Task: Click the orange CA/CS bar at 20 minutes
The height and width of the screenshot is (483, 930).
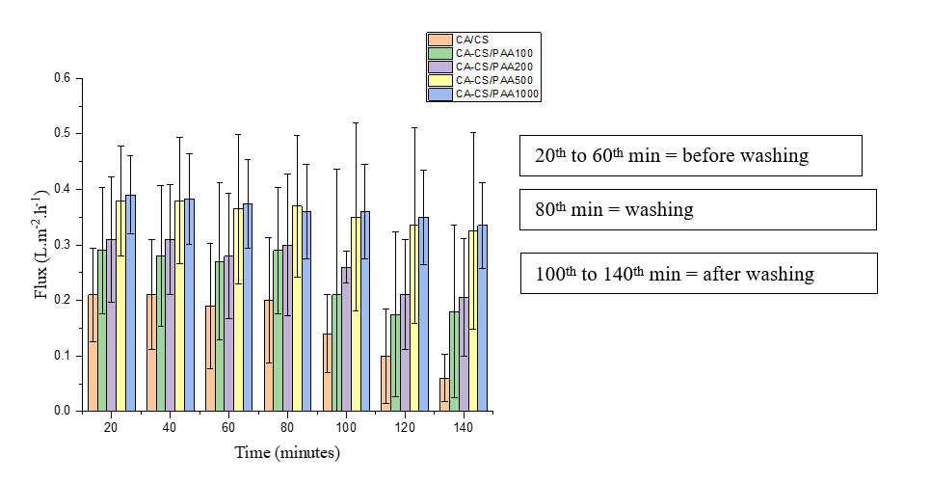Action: click(x=93, y=353)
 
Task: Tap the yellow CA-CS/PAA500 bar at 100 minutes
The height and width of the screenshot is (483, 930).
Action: click(x=356, y=314)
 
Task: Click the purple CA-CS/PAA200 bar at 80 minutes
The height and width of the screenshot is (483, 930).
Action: click(x=287, y=328)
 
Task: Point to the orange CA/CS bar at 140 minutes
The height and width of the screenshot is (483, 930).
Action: click(x=444, y=394)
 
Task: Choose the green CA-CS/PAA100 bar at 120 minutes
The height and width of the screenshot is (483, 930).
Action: click(x=395, y=362)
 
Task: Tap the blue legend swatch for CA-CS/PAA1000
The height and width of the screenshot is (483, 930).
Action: click(x=439, y=94)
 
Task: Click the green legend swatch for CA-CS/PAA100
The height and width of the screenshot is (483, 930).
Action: click(x=439, y=52)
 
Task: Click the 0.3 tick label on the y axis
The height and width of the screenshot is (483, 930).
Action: click(x=62, y=245)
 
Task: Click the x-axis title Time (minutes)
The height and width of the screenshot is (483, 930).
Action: click(x=286, y=452)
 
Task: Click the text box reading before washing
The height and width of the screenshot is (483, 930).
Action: click(x=690, y=155)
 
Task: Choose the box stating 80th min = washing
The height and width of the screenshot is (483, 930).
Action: click(x=698, y=208)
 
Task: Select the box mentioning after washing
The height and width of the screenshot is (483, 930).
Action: click(x=698, y=273)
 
